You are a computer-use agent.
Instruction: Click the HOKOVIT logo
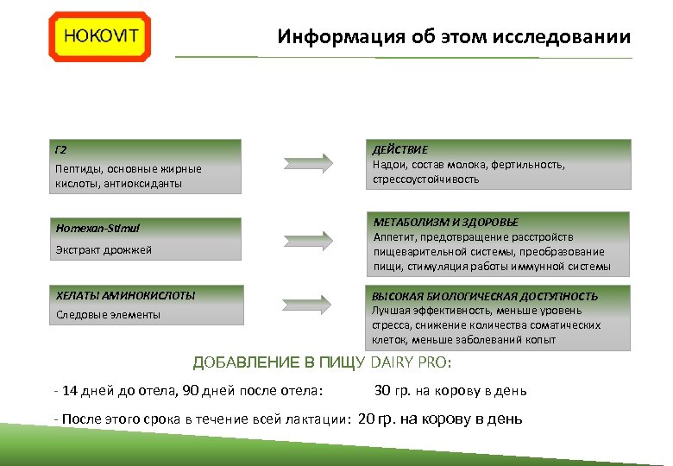point(99,36)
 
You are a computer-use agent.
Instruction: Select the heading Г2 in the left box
point(60,150)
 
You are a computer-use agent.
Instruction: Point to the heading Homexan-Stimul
point(97,229)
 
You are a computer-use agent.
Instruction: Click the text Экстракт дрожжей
point(104,250)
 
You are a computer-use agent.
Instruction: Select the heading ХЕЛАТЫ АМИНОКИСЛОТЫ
point(126,295)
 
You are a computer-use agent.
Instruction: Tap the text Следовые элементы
point(108,315)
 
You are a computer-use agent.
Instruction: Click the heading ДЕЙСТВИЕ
point(399,149)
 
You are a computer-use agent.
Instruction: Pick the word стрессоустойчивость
point(425,180)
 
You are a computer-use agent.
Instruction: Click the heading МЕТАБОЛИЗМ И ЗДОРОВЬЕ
point(445,222)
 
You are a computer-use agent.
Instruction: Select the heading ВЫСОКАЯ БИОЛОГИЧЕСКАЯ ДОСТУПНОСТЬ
point(484,296)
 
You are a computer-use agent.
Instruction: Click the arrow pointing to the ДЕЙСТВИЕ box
point(308,162)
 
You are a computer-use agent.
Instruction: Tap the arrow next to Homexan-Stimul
point(308,238)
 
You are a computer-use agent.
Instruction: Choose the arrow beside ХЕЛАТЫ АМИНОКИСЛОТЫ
point(308,305)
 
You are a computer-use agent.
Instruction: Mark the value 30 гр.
point(393,391)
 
